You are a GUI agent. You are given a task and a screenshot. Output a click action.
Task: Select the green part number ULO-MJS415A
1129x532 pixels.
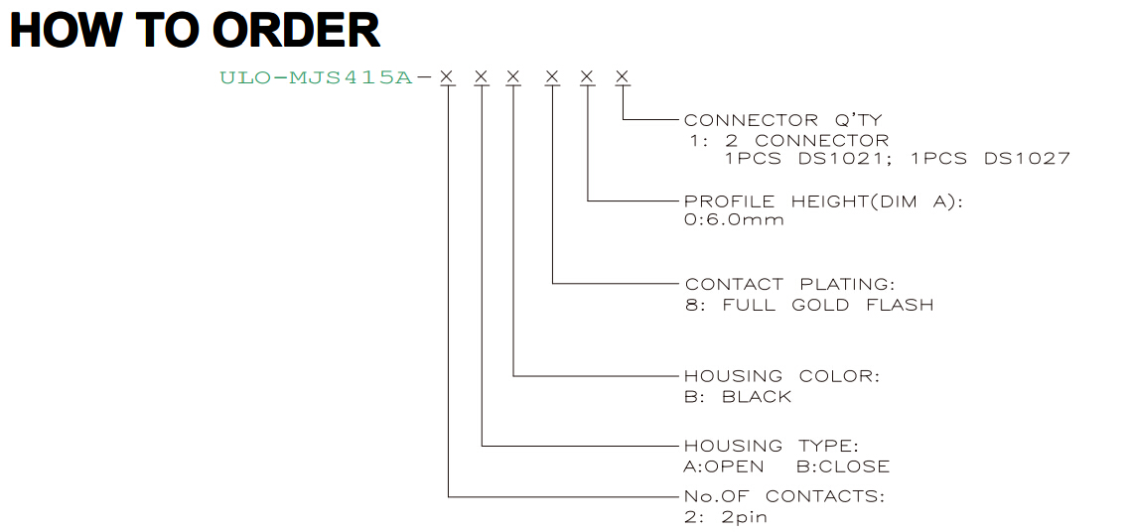click(316, 77)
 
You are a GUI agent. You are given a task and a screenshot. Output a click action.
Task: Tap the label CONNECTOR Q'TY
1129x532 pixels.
click(782, 119)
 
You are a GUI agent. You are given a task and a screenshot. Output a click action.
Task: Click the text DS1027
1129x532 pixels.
click(1028, 159)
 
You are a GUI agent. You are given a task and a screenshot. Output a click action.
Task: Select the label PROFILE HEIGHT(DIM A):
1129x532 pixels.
click(823, 201)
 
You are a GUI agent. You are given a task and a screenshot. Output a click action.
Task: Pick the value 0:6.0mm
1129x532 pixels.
click(734, 219)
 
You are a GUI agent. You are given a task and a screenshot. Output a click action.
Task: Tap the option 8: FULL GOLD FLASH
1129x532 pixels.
click(809, 305)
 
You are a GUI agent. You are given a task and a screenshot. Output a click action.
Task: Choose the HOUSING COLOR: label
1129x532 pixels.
click(781, 376)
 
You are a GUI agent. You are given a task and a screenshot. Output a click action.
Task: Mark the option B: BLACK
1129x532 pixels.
click(738, 397)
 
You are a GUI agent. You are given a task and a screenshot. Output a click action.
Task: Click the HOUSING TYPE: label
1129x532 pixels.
click(772, 446)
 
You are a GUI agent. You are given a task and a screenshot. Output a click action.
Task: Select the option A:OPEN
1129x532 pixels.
click(724, 466)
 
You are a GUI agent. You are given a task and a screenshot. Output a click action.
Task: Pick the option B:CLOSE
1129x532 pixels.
click(842, 466)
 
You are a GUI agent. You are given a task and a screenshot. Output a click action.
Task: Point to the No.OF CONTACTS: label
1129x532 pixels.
click(784, 496)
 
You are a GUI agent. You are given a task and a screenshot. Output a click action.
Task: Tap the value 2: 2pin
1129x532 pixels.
click(726, 517)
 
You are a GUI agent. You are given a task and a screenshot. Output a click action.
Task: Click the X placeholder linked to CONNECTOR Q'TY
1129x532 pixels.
click(623, 76)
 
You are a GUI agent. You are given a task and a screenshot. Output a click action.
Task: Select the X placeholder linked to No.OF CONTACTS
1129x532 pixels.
click(448, 76)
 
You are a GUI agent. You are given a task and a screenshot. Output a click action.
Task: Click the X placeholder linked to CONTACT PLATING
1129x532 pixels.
click(552, 76)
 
